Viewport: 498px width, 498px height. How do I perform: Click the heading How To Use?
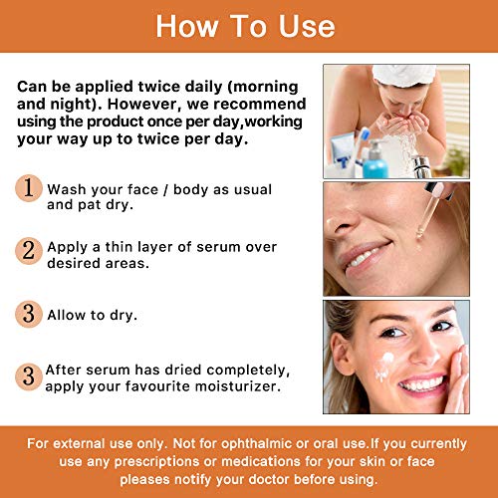(248, 26)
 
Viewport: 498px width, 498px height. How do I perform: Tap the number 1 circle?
(29, 188)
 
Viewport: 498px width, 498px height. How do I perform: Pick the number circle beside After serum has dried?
(29, 375)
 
